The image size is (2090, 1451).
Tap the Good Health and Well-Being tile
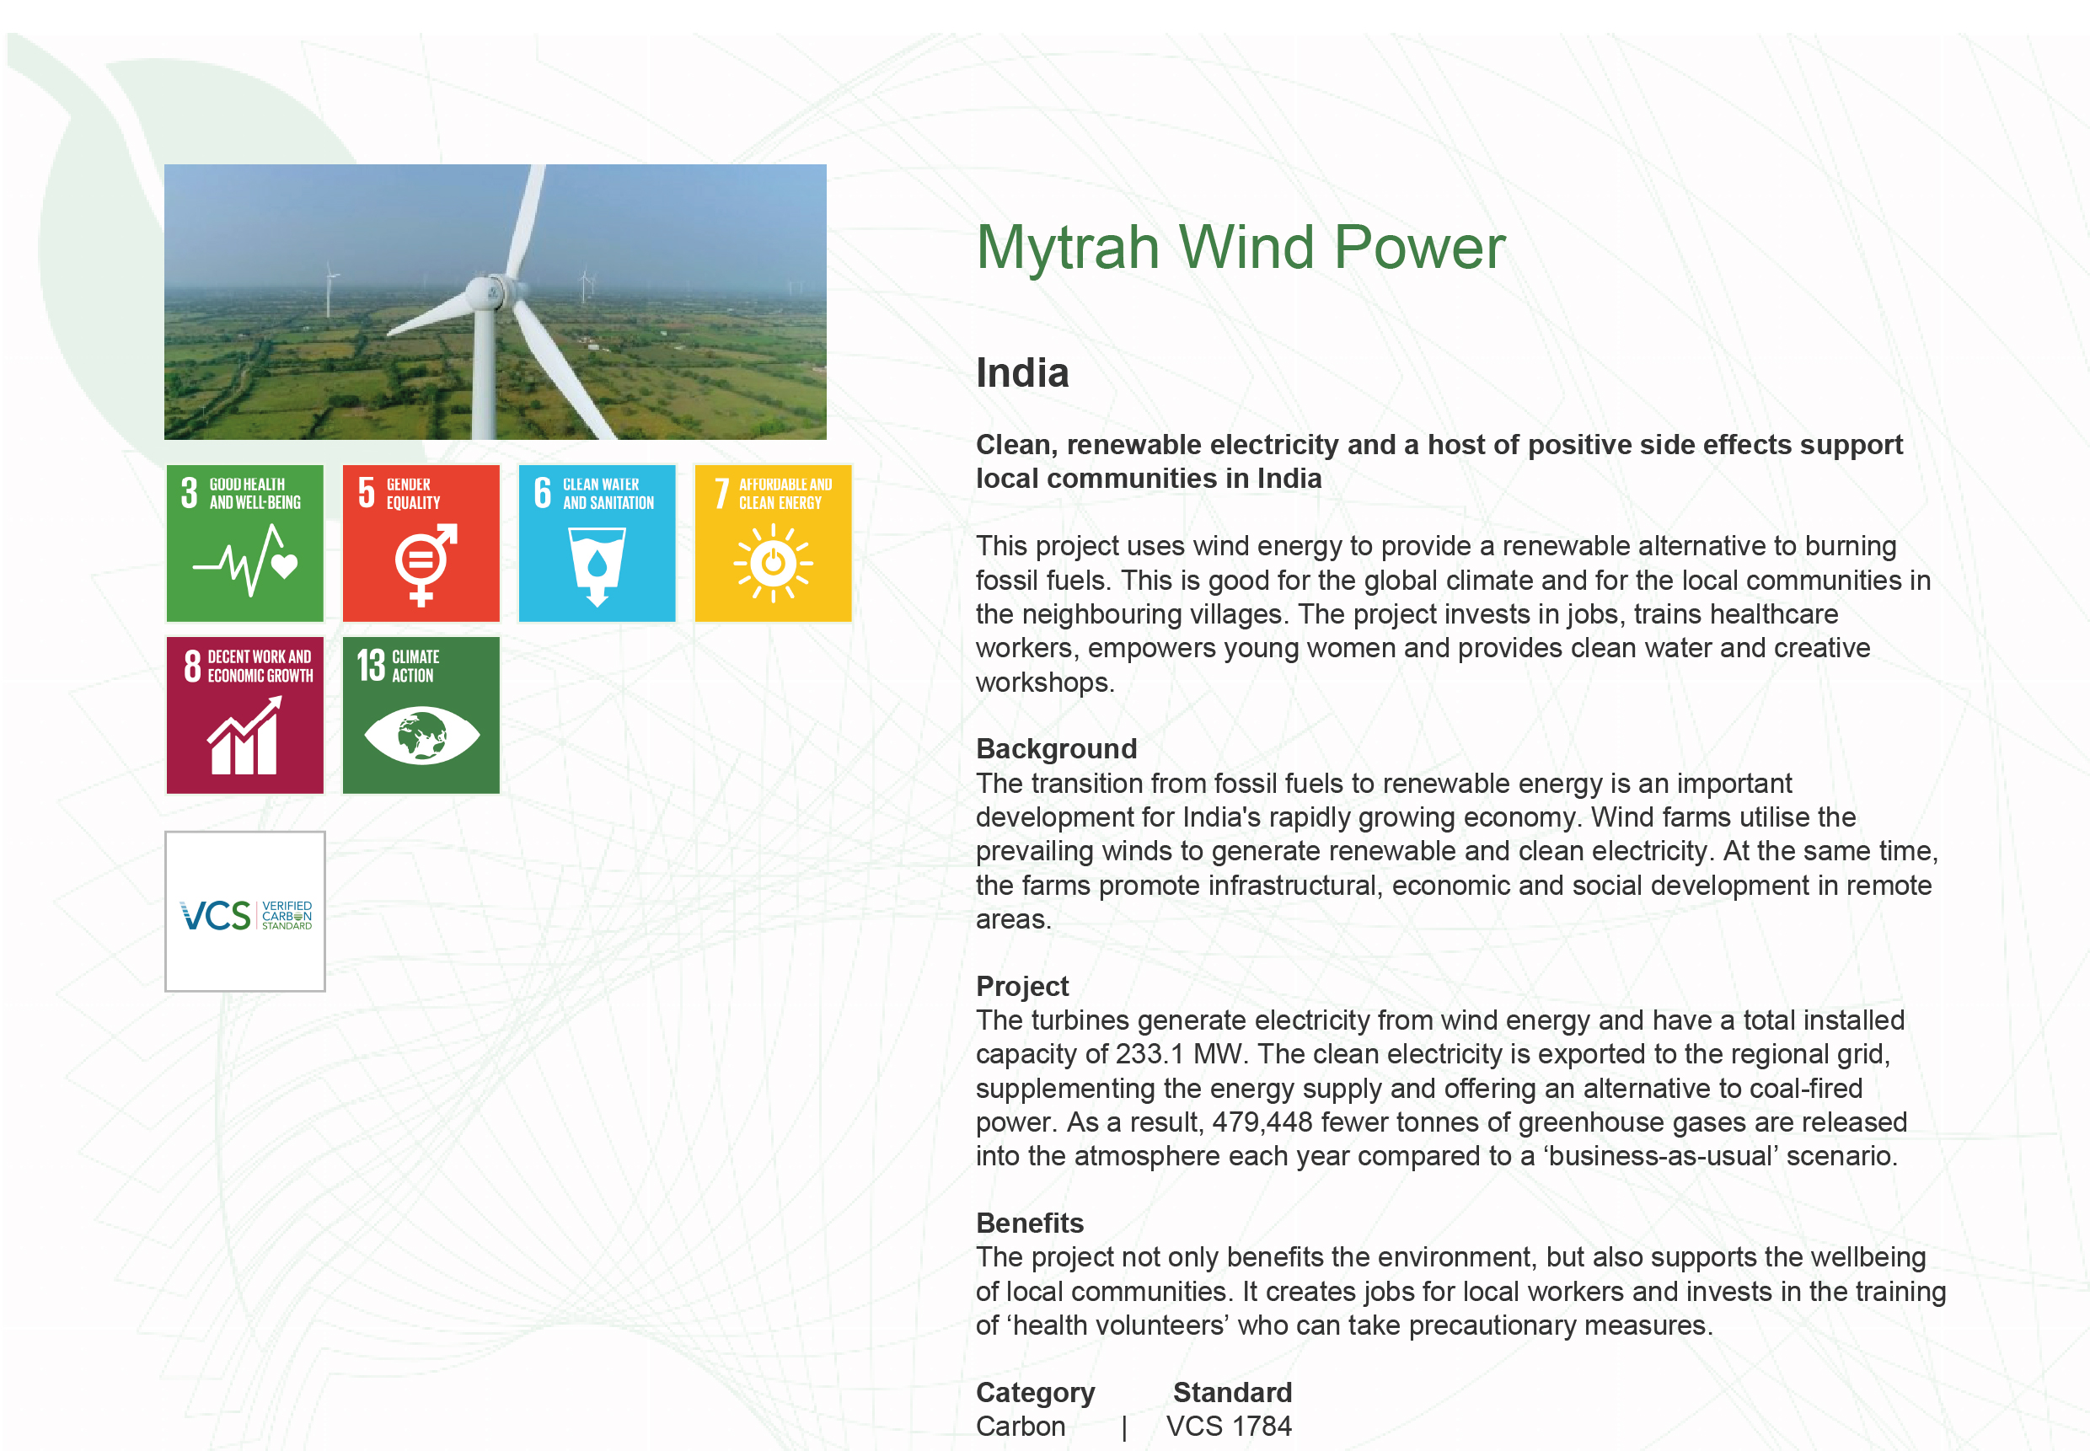(x=244, y=543)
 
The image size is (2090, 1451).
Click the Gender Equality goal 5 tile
(x=421, y=543)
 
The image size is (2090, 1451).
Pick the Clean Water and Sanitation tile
(x=597, y=543)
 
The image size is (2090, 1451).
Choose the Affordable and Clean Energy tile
(x=773, y=543)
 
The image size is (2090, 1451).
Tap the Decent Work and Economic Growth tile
(x=244, y=715)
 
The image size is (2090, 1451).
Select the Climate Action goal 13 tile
(x=421, y=715)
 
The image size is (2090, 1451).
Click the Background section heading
(x=1056, y=748)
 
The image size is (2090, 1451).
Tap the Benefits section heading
(x=1030, y=1223)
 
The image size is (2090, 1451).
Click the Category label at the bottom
(x=1036, y=1393)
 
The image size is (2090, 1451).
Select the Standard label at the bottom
(x=1232, y=1392)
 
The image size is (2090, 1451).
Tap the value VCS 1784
(x=1229, y=1427)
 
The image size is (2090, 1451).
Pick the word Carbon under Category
(x=1020, y=1427)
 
